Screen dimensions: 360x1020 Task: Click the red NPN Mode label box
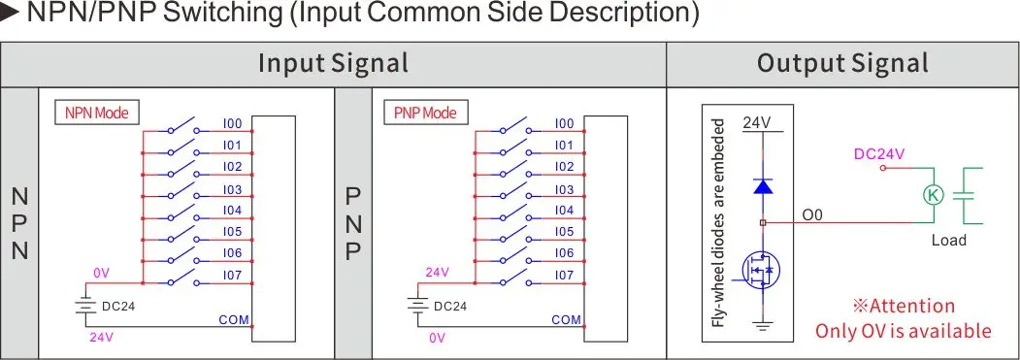point(96,113)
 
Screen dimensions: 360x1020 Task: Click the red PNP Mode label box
point(425,113)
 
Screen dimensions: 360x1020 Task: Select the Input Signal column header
point(333,64)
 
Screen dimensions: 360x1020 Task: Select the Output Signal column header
point(841,64)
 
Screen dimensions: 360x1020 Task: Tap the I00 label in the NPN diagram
point(232,123)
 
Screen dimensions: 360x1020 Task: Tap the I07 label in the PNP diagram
point(564,276)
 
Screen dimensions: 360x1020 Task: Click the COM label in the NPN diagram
point(234,319)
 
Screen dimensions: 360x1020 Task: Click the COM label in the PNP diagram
point(566,319)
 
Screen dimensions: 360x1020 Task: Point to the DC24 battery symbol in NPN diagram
point(85,307)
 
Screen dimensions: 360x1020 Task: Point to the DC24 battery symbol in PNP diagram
point(417,307)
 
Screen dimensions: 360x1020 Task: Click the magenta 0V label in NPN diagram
point(102,273)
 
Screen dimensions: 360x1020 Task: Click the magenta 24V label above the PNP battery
point(438,273)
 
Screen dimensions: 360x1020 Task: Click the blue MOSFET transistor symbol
point(760,271)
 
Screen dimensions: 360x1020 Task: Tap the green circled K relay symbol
point(933,194)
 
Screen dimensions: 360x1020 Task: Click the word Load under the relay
point(948,240)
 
